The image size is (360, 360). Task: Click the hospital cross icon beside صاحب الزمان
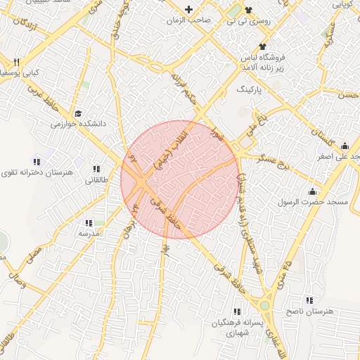(x=188, y=9)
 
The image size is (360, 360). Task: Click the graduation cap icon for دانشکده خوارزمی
(x=79, y=112)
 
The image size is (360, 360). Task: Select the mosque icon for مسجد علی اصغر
(x=345, y=146)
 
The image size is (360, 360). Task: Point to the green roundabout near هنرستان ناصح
(x=265, y=306)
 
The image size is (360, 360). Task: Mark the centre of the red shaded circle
(x=180, y=179)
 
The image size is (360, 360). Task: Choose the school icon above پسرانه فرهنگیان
(x=237, y=311)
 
